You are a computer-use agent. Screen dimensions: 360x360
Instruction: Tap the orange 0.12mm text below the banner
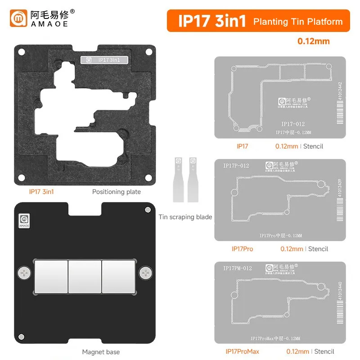(313, 41)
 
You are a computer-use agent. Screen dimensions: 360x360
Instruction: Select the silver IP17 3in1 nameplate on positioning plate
(104, 59)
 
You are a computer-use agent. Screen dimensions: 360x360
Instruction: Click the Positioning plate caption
(117, 192)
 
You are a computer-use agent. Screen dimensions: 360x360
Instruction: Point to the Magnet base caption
(101, 351)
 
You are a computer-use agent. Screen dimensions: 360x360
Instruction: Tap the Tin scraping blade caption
(185, 217)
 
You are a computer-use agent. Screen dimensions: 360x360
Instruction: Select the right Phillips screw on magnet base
(145, 273)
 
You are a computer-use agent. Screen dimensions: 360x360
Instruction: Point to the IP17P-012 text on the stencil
(236, 166)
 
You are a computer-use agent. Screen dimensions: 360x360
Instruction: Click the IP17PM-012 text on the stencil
(237, 269)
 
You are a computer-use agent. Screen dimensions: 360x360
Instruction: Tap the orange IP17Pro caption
(242, 249)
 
